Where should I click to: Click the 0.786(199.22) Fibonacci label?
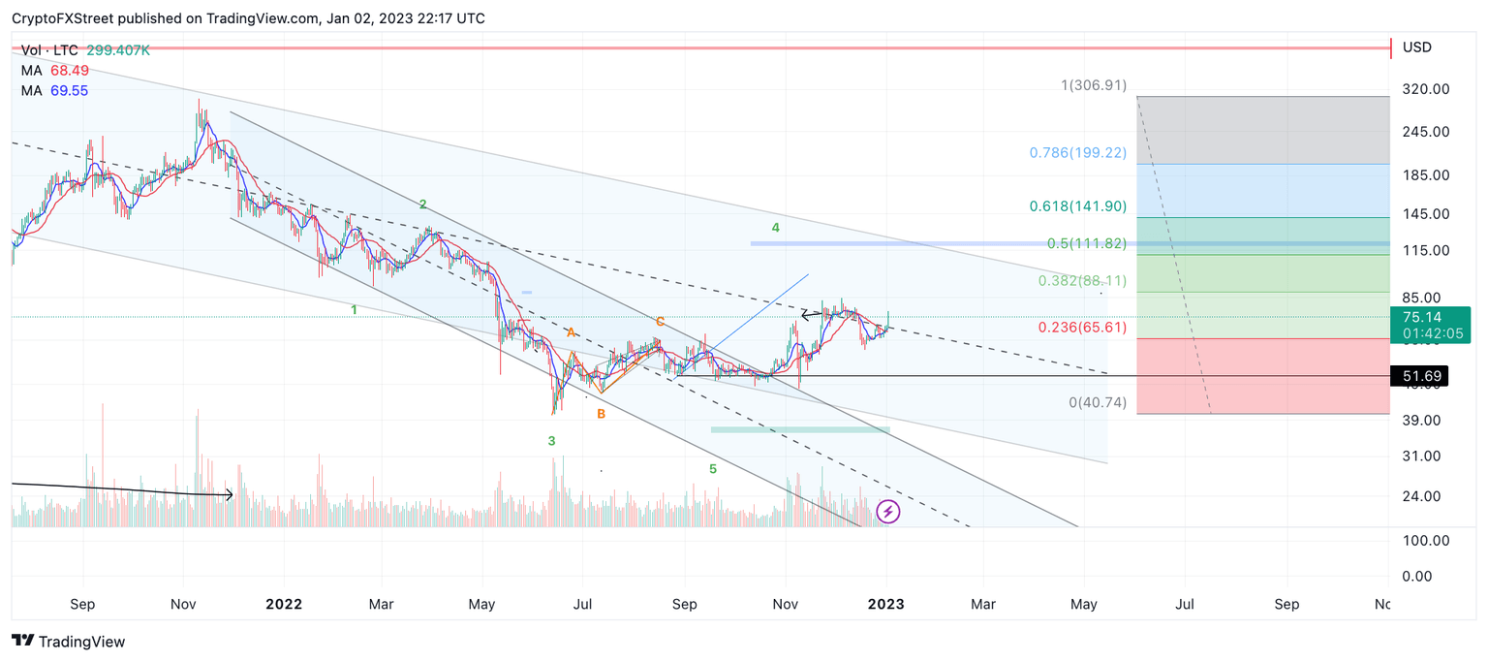(1077, 153)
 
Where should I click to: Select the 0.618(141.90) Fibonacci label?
(1077, 206)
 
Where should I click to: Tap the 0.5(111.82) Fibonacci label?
(1086, 243)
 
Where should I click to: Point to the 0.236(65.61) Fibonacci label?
(1082, 328)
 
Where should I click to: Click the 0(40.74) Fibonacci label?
(1098, 402)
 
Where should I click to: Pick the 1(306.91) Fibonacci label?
(1094, 85)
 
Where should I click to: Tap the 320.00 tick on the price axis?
(1426, 89)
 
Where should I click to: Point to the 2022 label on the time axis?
(284, 604)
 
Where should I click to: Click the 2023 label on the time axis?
(885, 604)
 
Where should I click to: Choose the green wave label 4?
(776, 227)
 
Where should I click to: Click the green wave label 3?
(551, 441)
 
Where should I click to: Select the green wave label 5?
(713, 469)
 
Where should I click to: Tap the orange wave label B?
(601, 414)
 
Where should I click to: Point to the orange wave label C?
(659, 321)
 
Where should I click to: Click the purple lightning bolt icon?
(888, 512)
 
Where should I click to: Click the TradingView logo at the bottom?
(68, 642)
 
